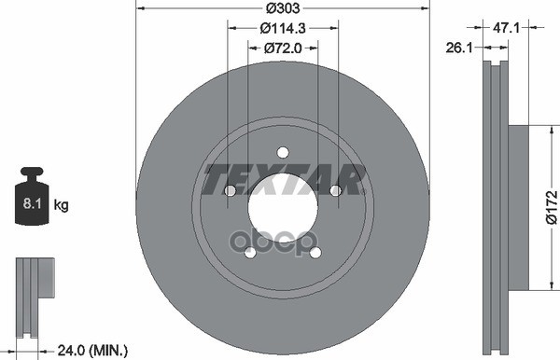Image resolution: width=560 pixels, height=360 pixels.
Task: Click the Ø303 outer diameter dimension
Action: pos(283,8)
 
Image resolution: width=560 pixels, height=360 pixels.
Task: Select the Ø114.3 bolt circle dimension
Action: pos(283,29)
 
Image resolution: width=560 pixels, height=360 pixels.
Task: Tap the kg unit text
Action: pos(62,202)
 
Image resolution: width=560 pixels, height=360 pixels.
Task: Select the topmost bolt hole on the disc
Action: pos(283,153)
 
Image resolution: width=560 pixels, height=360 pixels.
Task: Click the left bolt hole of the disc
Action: pos(230,191)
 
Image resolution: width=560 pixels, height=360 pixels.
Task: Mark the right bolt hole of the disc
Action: pos(335,191)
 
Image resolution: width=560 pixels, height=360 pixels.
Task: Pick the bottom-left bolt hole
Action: pos(249,253)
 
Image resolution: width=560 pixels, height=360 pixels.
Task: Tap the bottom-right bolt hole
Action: pos(315,253)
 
